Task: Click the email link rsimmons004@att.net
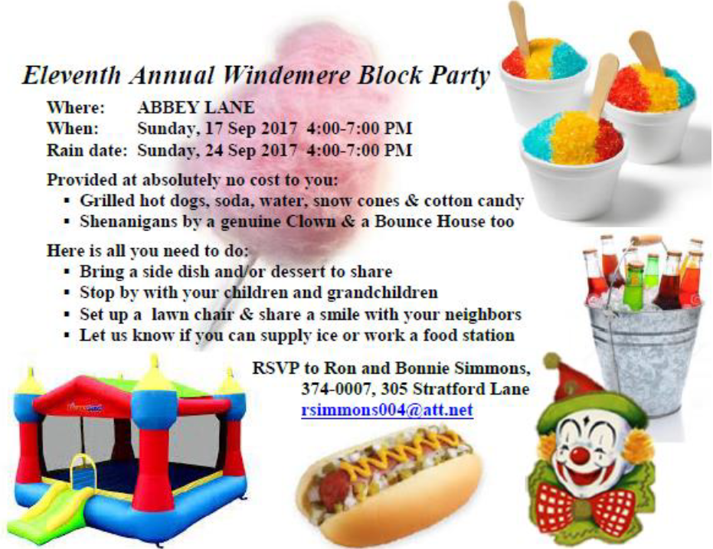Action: tap(387, 410)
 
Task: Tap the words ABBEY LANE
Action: tap(196, 107)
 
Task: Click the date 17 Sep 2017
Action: tap(250, 128)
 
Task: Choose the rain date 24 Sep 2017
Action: tap(250, 149)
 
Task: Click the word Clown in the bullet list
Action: tap(311, 221)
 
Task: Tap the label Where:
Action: tap(76, 107)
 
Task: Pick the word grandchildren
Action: tap(382, 292)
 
